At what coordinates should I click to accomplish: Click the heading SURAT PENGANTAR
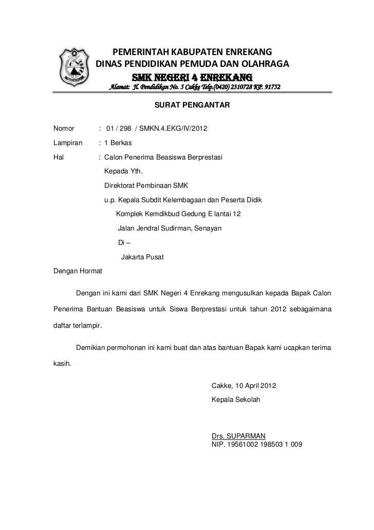coord(192,105)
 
